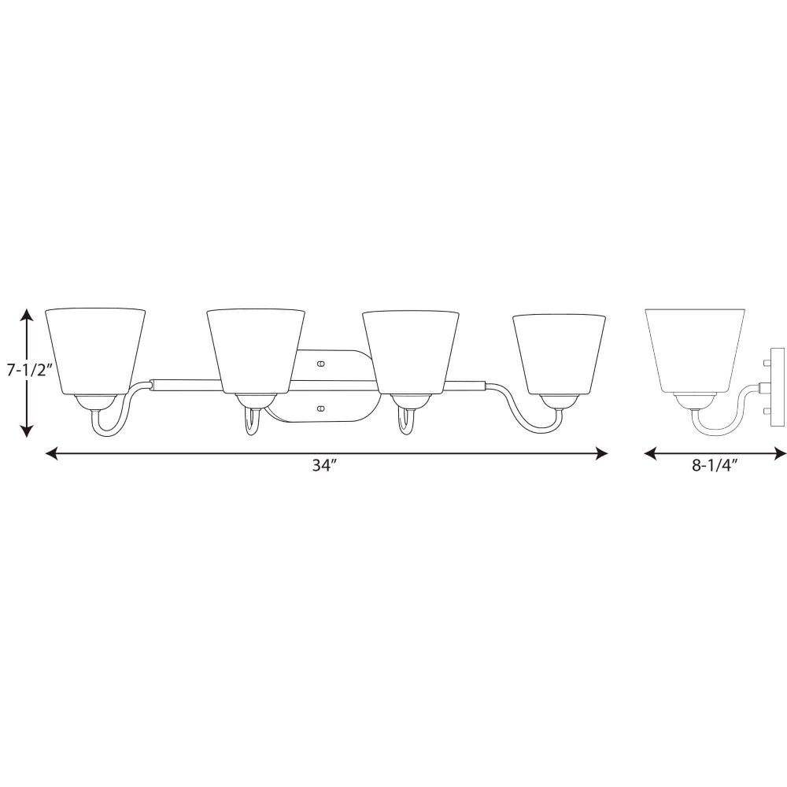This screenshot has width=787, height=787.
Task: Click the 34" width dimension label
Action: click(323, 466)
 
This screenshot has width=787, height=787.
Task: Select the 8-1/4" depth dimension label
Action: click(714, 466)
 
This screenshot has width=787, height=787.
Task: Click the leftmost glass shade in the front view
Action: click(95, 351)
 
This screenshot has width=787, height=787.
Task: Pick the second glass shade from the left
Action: click(256, 351)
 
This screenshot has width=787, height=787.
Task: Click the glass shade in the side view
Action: click(695, 350)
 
